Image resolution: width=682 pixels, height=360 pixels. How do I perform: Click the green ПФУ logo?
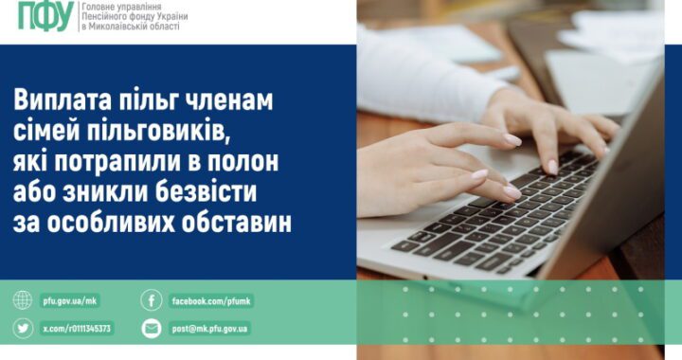[x=45, y=16]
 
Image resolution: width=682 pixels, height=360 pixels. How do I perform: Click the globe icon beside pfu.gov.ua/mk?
[x=23, y=301]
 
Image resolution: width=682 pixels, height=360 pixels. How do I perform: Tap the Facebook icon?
[x=152, y=301]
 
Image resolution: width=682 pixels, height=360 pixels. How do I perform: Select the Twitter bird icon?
[x=23, y=329]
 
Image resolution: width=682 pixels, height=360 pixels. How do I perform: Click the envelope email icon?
[x=152, y=329]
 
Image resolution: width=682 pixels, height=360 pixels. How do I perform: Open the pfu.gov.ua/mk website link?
[x=69, y=301]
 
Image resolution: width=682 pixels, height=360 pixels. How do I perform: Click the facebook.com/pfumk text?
[x=211, y=301]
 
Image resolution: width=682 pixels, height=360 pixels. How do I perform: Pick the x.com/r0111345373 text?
[x=77, y=329]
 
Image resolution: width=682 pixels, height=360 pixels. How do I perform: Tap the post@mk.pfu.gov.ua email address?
[x=210, y=329]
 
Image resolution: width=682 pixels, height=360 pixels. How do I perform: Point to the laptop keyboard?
[x=493, y=208]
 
